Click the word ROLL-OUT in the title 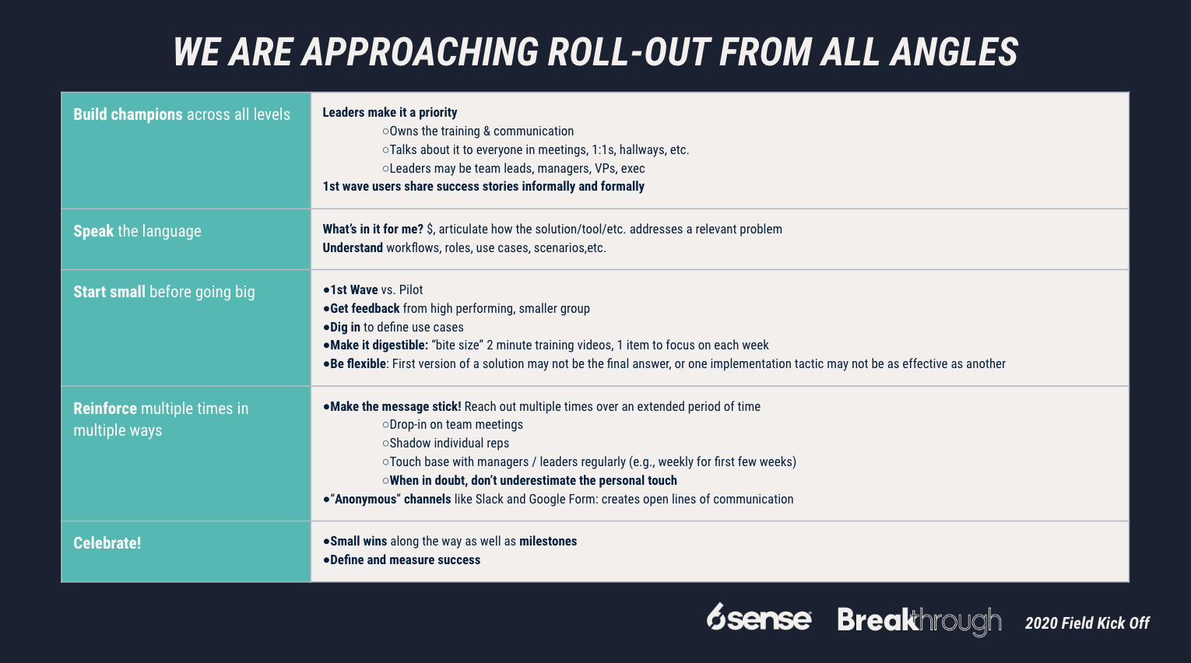click(x=628, y=52)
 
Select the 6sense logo click(x=759, y=618)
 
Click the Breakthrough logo click(x=919, y=621)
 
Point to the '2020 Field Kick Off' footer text click(x=1087, y=623)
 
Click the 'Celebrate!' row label click(x=107, y=543)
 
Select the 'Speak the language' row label click(x=137, y=231)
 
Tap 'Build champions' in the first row click(x=128, y=114)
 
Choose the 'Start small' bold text click(x=109, y=292)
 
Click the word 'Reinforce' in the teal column click(x=105, y=409)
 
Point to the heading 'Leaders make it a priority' click(x=390, y=112)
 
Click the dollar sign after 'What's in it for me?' click(x=430, y=229)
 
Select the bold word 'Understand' click(x=353, y=247)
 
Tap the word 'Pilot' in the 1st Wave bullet click(x=410, y=289)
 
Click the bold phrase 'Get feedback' click(x=365, y=308)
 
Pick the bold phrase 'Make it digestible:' click(x=379, y=345)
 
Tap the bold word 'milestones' click(x=548, y=542)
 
